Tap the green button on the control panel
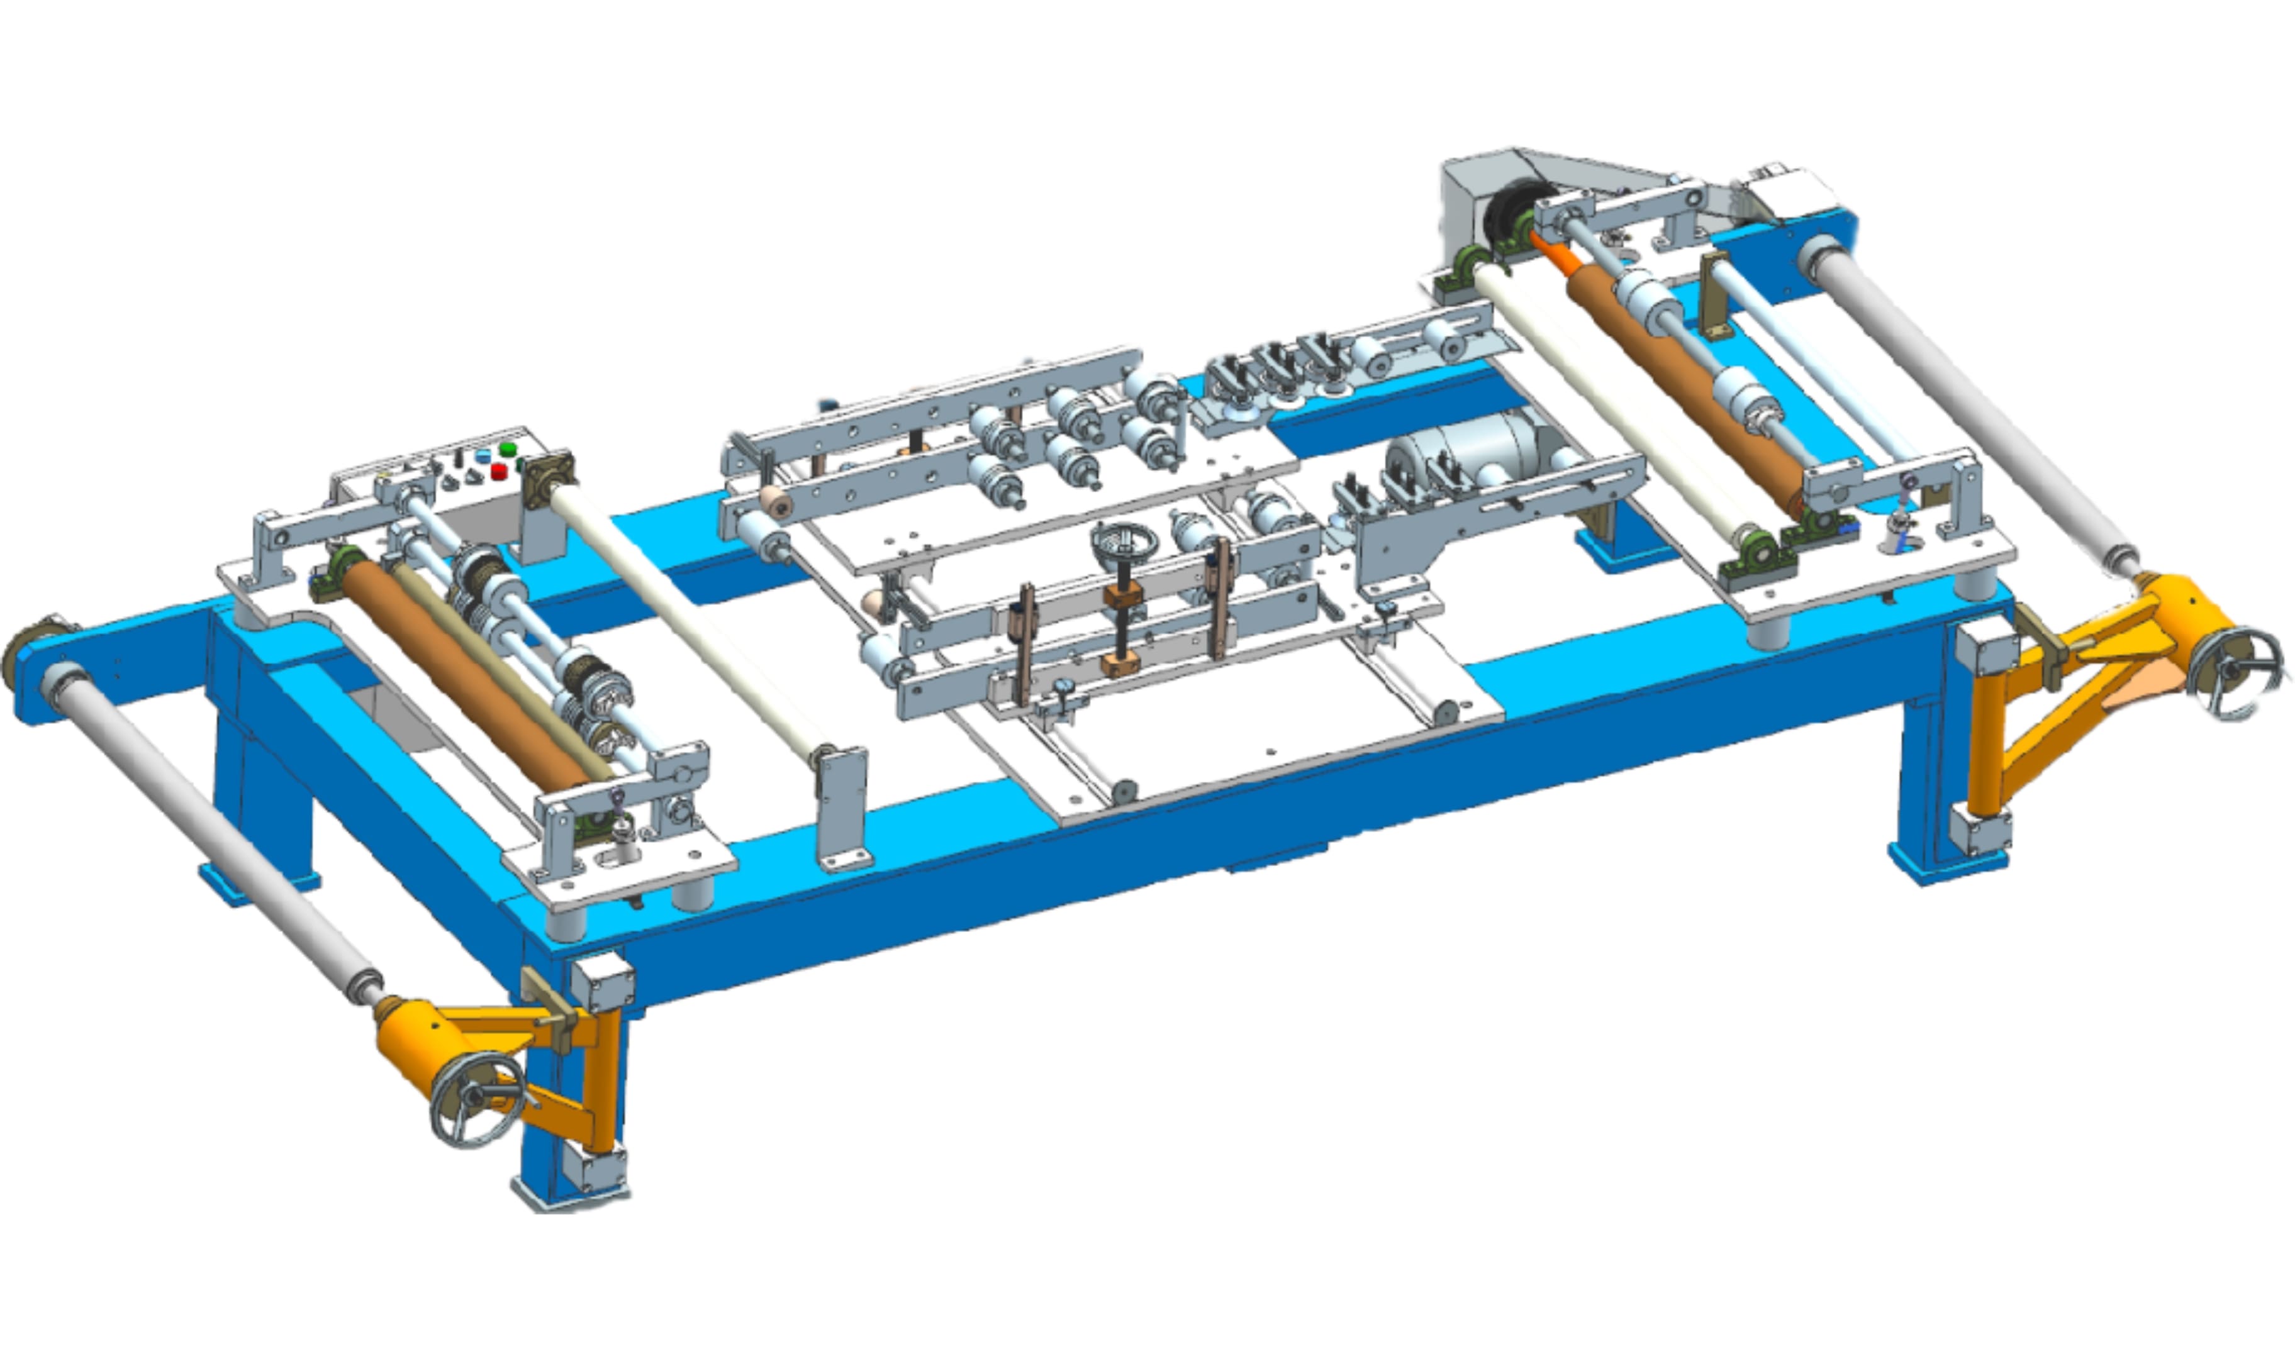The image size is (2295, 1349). pos(507,449)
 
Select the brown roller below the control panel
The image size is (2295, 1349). pos(464,673)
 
